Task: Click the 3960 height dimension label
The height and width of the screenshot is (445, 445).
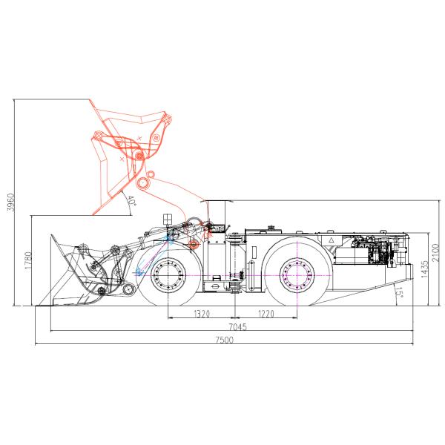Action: tap(10, 202)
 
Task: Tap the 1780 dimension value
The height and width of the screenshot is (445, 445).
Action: tap(28, 260)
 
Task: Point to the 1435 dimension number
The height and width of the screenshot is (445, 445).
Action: tap(424, 269)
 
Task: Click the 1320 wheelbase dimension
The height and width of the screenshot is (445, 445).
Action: tap(202, 314)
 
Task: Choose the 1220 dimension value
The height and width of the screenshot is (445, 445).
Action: tap(266, 314)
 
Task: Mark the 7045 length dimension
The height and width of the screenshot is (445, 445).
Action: tap(237, 327)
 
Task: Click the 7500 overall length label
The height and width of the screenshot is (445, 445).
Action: tap(225, 340)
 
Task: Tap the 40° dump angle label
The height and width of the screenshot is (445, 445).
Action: tap(131, 201)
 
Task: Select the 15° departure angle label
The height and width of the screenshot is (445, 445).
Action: tap(399, 292)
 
